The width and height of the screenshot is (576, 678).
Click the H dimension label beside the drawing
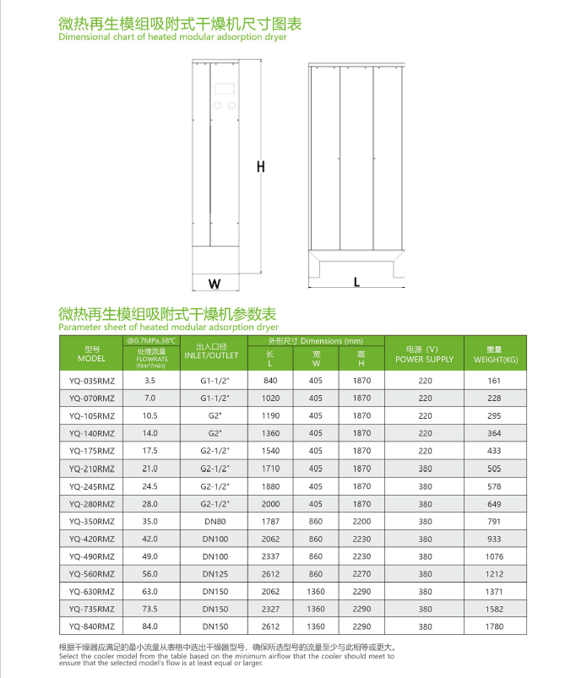point(261,167)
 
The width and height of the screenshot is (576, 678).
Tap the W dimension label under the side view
point(215,283)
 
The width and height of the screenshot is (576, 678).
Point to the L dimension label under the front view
point(356,283)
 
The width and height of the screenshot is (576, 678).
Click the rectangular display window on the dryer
point(225,88)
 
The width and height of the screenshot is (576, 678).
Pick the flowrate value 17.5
point(150,451)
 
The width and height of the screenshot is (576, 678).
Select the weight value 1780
point(495,626)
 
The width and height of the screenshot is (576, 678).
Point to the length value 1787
point(270,521)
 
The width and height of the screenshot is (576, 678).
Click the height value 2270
point(361,574)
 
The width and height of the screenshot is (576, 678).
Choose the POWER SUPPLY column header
point(425,355)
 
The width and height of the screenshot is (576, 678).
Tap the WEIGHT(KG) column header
point(495,355)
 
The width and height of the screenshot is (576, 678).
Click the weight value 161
point(495,381)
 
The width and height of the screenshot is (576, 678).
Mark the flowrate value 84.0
point(150,626)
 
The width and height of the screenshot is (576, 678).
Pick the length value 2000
point(270,503)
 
